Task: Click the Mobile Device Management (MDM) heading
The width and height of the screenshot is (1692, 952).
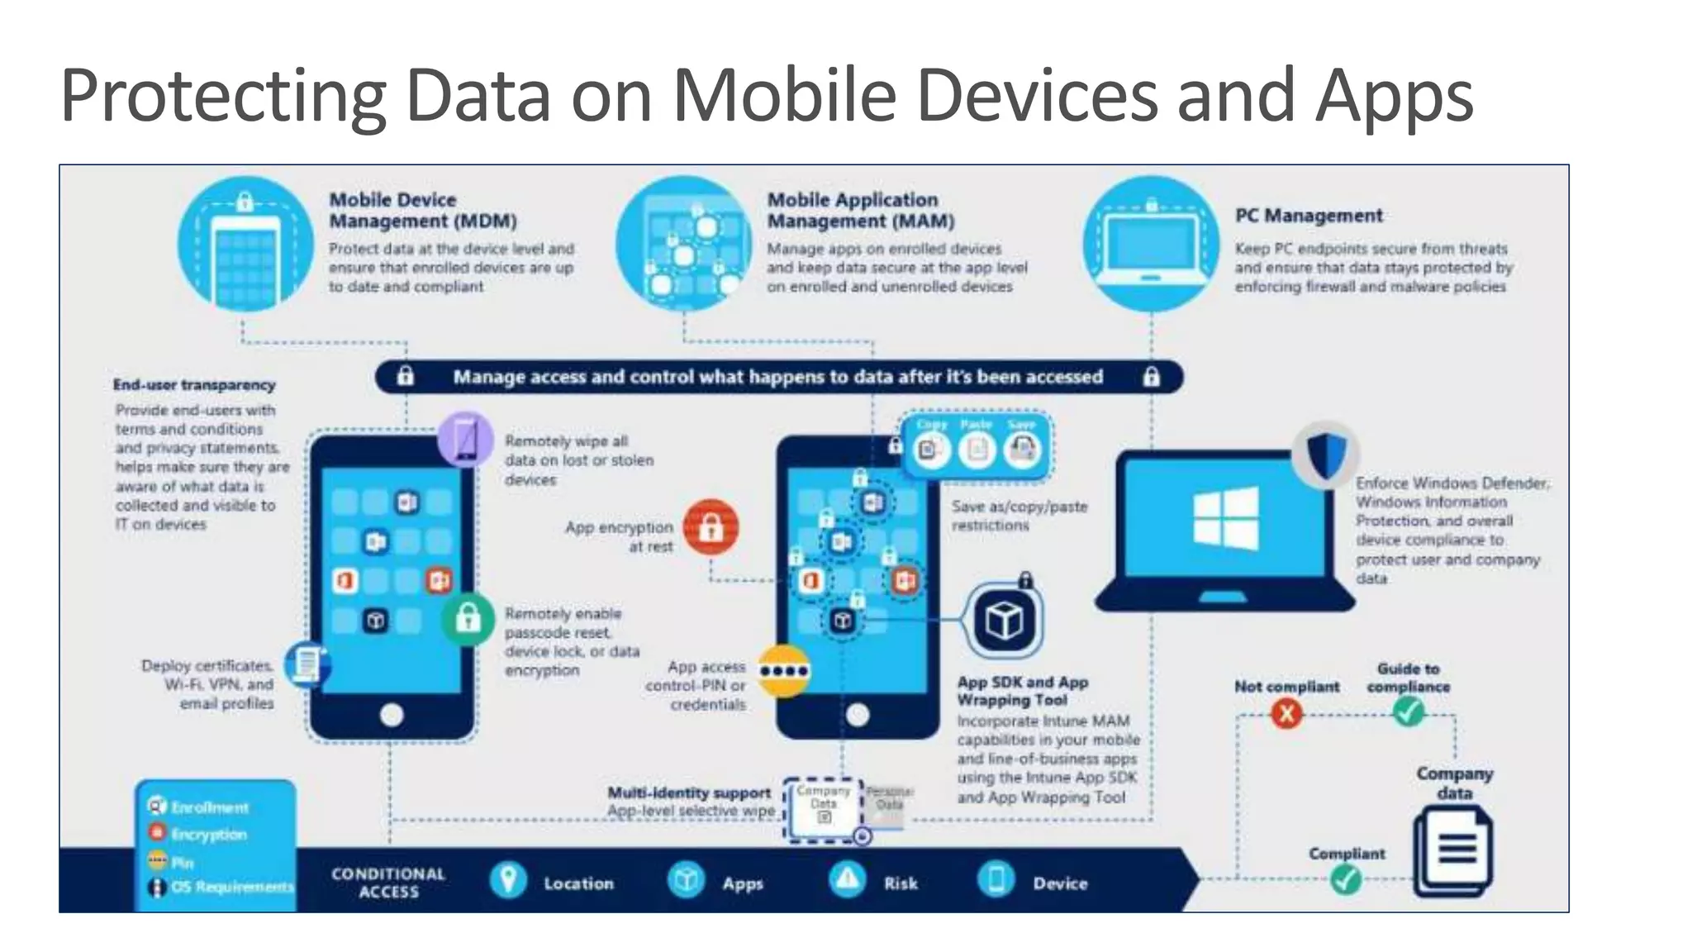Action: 422,211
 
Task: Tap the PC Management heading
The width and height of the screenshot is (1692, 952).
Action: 1308,216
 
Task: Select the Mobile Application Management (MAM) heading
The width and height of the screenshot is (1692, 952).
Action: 860,211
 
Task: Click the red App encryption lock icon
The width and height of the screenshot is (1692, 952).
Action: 711,527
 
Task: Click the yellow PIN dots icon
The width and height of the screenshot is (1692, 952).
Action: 783,670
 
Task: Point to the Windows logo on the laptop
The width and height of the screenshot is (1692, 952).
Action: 1226,518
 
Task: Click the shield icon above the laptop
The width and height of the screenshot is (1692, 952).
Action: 1326,454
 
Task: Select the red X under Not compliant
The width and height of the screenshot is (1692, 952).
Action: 1286,712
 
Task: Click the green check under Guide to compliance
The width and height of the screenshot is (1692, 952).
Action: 1409,711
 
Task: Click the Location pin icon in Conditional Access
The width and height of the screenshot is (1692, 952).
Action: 508,880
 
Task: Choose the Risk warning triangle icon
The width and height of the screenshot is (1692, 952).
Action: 847,880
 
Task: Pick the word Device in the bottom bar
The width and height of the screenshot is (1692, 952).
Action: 1060,883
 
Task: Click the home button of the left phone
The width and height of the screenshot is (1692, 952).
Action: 392,715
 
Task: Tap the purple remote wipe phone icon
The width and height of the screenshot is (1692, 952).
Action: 466,438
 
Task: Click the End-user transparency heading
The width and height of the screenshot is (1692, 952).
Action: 194,385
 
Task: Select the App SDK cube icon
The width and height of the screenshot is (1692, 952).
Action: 1004,621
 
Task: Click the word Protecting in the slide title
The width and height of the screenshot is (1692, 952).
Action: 223,97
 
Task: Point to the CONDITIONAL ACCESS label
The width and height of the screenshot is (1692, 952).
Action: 388,883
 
